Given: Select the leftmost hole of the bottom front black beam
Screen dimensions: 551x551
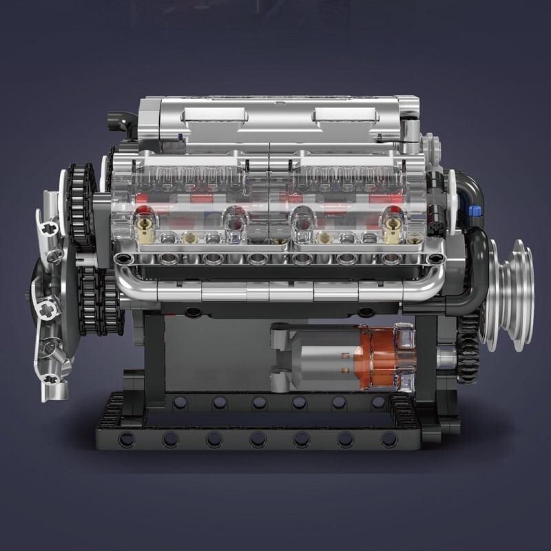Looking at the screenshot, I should (126, 439).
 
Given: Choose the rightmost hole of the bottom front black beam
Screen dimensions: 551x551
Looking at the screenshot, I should (389, 439).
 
